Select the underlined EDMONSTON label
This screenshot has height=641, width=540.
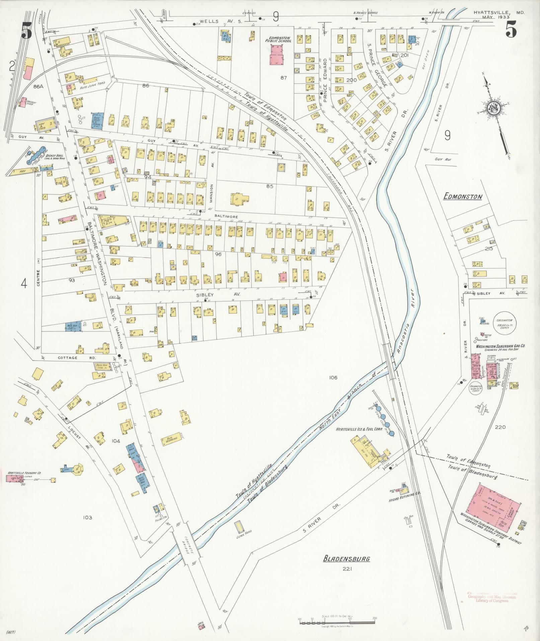click(463, 197)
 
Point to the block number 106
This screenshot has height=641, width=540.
click(333, 378)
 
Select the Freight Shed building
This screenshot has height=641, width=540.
click(23, 102)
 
